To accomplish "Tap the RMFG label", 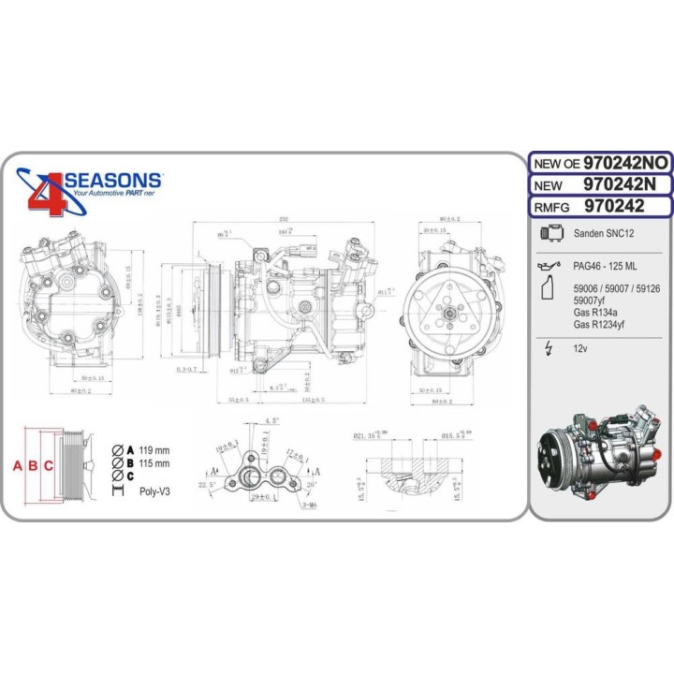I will coord(552,205).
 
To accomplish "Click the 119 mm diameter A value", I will coord(154,448).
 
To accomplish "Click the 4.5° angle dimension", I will coord(273,421).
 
